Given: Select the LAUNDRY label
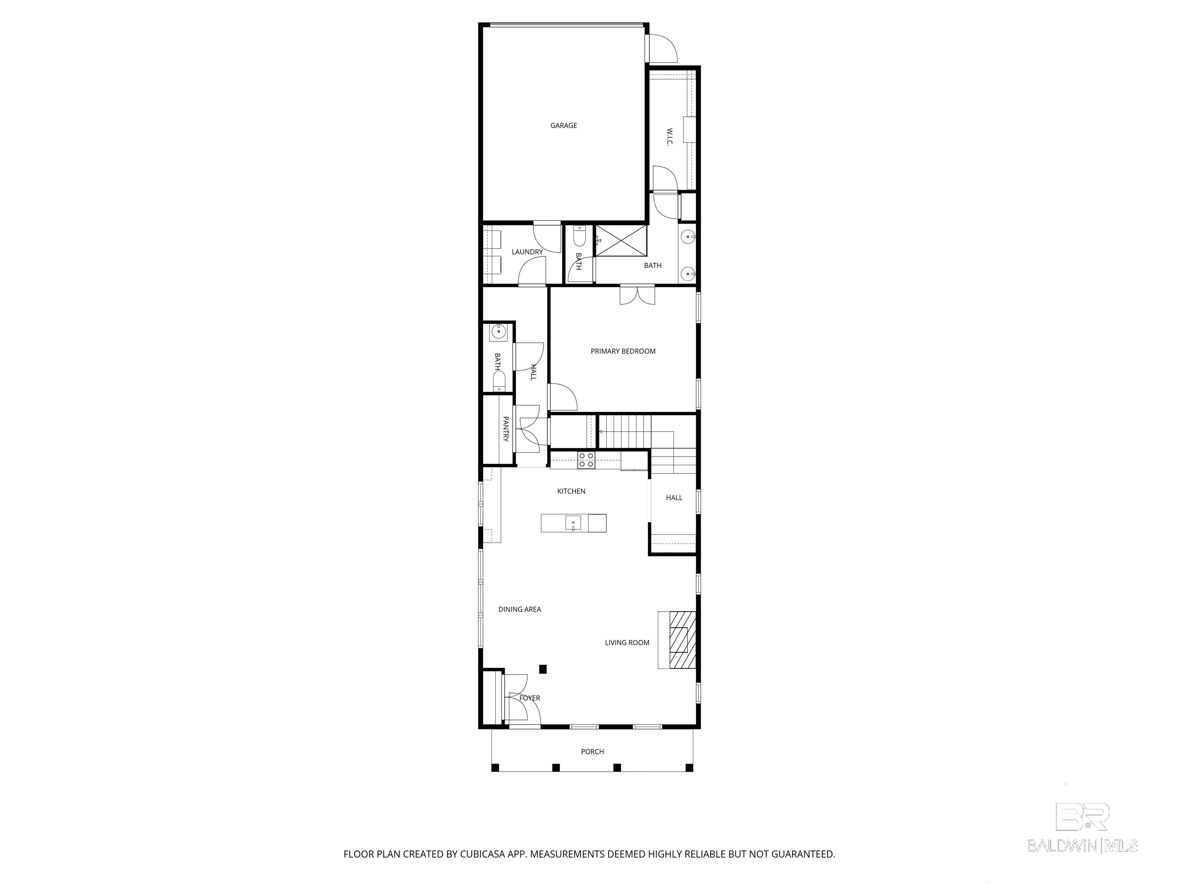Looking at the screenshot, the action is (x=527, y=252).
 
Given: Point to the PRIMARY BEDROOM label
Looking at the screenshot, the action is (x=623, y=351).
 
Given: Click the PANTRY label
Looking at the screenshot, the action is (x=506, y=429).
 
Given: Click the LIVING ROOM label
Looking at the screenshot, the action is (x=627, y=643).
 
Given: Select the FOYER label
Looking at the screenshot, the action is (x=530, y=698).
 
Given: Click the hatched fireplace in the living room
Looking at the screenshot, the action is (x=683, y=640).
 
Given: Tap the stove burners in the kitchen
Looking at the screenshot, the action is (x=586, y=460).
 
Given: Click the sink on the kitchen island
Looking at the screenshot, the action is (x=573, y=523).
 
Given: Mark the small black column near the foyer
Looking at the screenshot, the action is (x=543, y=669).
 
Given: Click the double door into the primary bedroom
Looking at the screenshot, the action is (x=637, y=295).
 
